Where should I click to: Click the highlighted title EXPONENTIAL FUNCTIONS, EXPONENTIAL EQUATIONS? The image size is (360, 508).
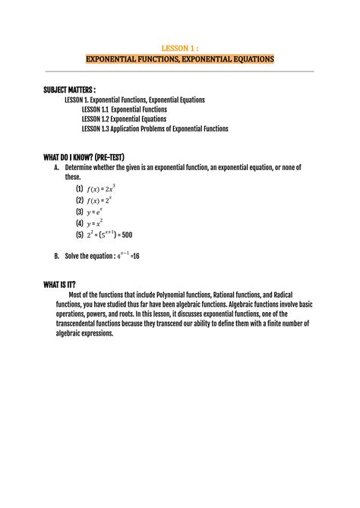coord(179,58)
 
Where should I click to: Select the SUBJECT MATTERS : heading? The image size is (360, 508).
coord(69,90)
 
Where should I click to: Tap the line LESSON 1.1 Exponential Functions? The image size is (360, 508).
coord(124,109)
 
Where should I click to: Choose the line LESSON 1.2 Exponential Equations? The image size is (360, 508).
coord(123,119)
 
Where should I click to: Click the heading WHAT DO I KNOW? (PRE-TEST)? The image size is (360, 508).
coord(89,157)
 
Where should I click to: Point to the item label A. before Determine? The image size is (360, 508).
coord(57,167)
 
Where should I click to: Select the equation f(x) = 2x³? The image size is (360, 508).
coord(101,188)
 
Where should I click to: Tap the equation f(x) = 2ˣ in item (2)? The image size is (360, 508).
coord(99,200)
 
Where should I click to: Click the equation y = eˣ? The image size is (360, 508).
coord(96,212)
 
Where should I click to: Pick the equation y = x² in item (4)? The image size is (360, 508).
coord(96,224)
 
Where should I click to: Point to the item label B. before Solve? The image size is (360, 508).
coord(57,257)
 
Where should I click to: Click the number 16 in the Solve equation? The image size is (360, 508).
coord(135,257)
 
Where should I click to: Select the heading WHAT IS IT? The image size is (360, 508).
coord(64,285)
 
